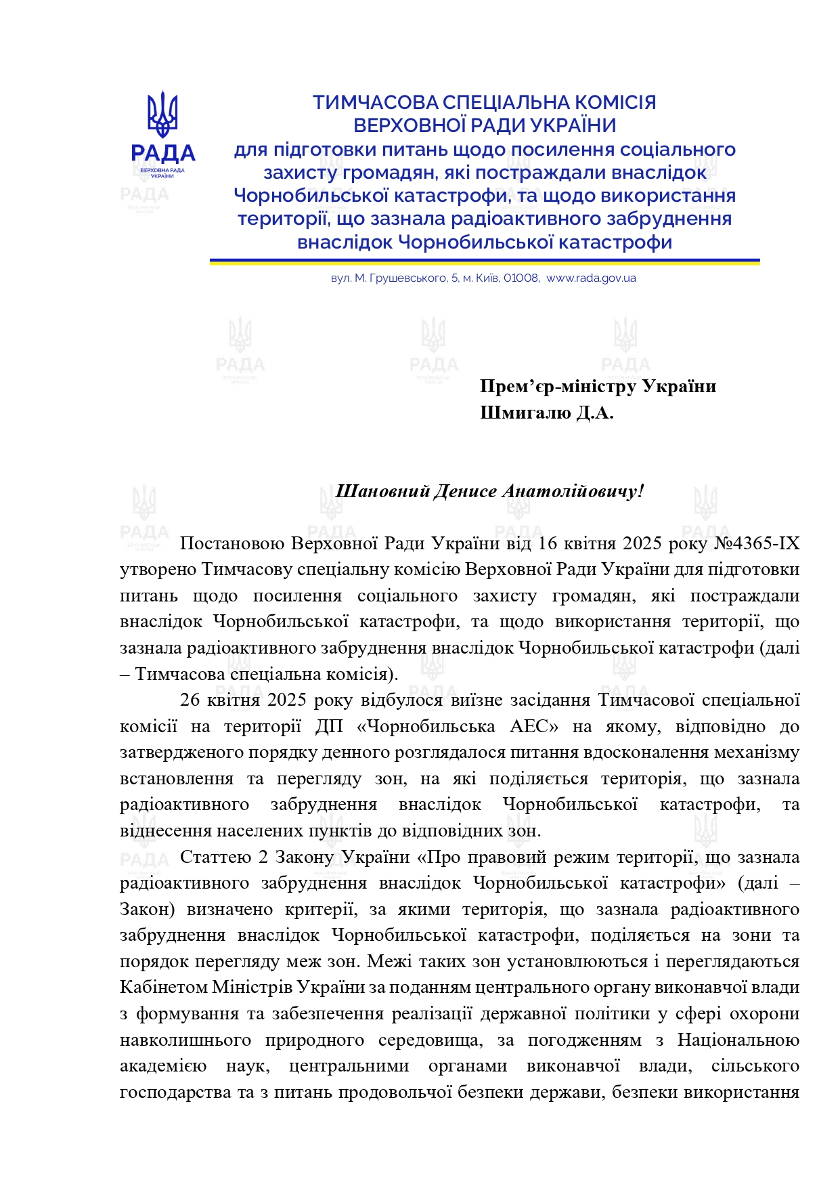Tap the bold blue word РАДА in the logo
162,154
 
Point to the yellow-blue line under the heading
484,261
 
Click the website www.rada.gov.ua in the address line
591,278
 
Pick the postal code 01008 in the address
521,278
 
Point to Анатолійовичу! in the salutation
573,491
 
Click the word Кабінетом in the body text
162,987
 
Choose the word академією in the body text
163,1066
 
